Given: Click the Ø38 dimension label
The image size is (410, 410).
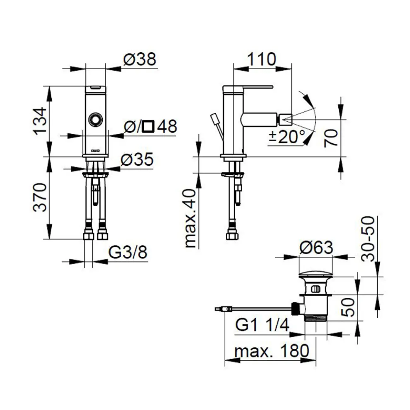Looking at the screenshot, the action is (x=140, y=59).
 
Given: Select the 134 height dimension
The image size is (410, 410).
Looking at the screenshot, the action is (x=40, y=121).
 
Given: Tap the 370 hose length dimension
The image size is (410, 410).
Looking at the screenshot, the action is (x=40, y=197).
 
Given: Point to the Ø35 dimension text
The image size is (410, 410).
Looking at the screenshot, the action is (x=137, y=159).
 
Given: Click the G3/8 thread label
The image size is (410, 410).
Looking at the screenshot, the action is (x=128, y=252).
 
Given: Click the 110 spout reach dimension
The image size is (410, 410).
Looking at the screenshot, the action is (x=261, y=59).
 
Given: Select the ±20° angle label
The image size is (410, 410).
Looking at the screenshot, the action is (x=287, y=137).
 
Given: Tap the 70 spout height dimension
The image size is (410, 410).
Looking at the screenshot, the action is (x=331, y=138).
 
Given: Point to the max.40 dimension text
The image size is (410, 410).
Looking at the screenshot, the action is (x=191, y=218).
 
